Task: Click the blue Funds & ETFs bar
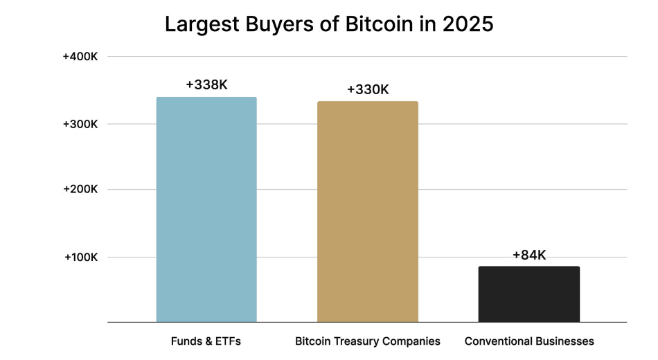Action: point(206,209)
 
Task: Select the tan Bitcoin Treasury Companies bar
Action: point(368,211)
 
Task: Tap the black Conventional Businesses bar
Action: point(529,294)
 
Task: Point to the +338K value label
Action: point(206,84)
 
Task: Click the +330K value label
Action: point(368,89)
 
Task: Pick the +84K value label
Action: point(529,255)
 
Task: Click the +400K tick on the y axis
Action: point(80,56)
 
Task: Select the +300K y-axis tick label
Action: point(80,124)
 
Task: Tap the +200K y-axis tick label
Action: point(80,189)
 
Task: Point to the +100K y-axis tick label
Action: point(80,257)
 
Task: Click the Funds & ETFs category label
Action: point(206,341)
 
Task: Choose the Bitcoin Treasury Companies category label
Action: point(368,341)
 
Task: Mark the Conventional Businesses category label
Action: point(529,341)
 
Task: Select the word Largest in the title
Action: point(200,24)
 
